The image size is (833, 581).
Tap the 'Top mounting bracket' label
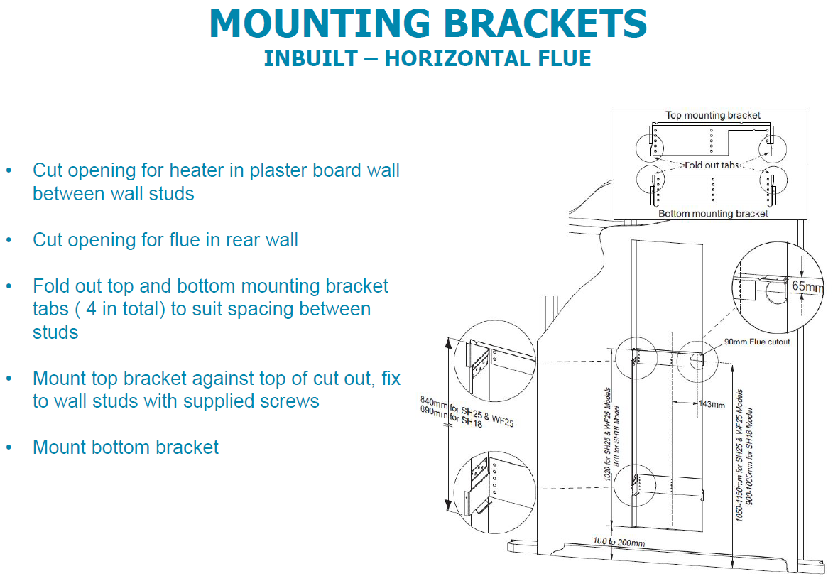712,115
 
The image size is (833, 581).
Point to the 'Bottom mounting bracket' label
713,213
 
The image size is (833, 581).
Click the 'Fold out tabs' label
712,165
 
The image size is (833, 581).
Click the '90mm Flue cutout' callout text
756,342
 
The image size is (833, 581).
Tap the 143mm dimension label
711,405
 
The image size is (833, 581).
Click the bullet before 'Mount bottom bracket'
9,448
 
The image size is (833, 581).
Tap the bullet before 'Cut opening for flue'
9,241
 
